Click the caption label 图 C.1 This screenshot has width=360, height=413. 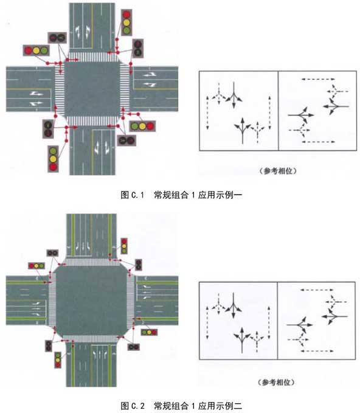pos(132,195)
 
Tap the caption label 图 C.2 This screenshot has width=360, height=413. pos(133,406)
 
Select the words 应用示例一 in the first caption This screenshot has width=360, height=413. pos(220,195)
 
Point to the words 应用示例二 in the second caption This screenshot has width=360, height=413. pos(220,406)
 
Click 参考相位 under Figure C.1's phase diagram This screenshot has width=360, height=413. pos(278,171)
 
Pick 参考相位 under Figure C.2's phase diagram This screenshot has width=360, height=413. pos(276,382)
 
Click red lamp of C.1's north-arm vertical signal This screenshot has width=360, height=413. pos(126,15)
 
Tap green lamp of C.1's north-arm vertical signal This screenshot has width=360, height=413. pos(126,30)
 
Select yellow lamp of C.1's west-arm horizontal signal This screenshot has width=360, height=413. pos(36,50)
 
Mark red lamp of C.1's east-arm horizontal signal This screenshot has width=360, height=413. pos(150,126)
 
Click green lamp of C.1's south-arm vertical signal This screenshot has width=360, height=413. pos(53,151)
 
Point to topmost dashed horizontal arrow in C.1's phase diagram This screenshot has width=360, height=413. pos(318,79)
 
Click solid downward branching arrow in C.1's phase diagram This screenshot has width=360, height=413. pos(234,95)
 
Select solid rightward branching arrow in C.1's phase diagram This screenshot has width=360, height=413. pos(301,115)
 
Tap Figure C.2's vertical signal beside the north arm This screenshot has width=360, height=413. pos(124,246)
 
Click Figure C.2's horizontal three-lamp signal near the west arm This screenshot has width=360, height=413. pos(36,266)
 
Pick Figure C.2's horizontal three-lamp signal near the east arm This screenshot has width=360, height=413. pos(149,332)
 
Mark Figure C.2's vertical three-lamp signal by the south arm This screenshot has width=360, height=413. pos(58,360)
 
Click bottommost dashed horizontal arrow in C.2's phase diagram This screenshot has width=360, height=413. pos(317,351)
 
